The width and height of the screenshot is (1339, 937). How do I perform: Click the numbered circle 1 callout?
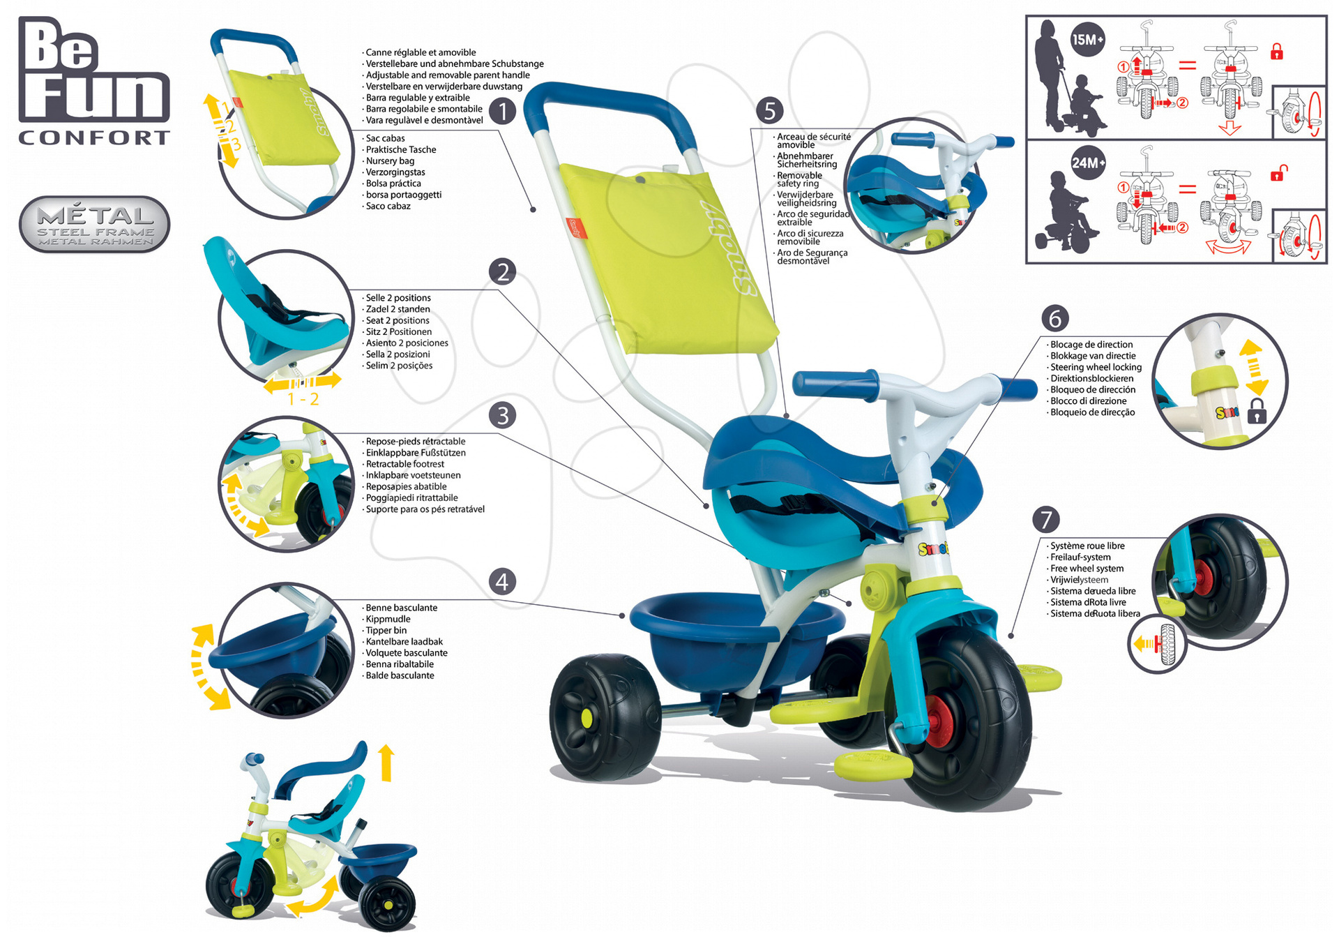(502, 111)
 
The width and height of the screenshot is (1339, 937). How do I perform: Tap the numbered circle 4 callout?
(502, 581)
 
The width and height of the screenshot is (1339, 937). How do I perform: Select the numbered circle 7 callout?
(1045, 519)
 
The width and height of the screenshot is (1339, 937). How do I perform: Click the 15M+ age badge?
(1088, 40)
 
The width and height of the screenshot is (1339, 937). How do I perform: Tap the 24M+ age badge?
(1088, 163)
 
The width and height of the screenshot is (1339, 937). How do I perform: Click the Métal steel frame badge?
(95, 225)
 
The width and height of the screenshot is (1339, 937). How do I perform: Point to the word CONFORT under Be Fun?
(94, 137)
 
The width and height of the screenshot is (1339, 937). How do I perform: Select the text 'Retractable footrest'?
(404, 464)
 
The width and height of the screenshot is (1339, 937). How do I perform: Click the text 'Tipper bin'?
(386, 631)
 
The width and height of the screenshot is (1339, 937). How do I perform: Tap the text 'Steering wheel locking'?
(1096, 367)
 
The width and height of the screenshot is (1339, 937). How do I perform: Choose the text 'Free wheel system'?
(1087, 569)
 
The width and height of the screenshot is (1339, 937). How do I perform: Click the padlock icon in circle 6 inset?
(1256, 412)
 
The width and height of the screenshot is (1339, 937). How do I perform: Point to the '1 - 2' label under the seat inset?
(303, 399)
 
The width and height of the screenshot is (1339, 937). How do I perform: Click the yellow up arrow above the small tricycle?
(386, 762)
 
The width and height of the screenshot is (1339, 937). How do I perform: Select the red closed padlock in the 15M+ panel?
(1276, 52)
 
